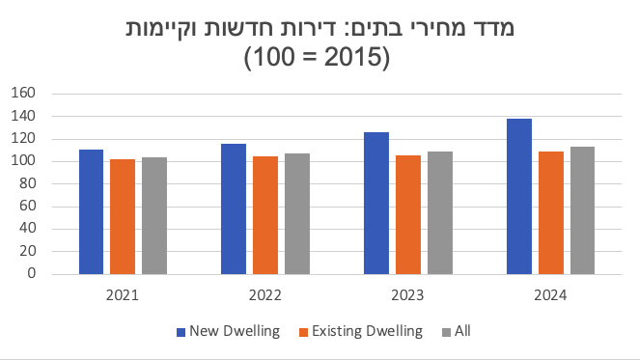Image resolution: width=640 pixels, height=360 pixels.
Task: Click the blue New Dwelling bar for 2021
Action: pos(92,211)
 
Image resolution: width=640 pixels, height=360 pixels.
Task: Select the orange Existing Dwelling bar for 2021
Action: pos(123,216)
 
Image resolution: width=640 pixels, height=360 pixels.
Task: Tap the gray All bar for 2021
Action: pos(153,215)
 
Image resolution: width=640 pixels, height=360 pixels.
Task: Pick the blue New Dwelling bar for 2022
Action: pos(234,208)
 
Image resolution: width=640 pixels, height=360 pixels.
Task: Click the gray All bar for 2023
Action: pos(439,212)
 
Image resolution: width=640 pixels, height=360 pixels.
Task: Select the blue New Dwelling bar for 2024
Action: pos(519,196)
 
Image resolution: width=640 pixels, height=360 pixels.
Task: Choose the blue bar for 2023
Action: pos(376,203)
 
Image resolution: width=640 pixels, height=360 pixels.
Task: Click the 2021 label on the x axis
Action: pos(123,295)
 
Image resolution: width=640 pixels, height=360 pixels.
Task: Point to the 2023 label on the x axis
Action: pos(407,295)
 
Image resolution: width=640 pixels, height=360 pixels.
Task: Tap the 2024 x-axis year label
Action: pos(550,295)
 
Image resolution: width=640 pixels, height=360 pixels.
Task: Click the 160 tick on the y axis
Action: pos(22,94)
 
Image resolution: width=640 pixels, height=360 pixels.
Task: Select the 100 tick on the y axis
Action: pos(22,161)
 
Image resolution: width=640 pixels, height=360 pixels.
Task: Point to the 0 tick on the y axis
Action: pos(31,273)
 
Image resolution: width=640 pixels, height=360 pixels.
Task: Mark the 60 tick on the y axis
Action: pos(26,206)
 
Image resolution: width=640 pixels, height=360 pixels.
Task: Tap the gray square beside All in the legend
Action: pos(444,331)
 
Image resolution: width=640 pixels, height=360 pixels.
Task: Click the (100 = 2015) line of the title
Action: pos(320,57)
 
